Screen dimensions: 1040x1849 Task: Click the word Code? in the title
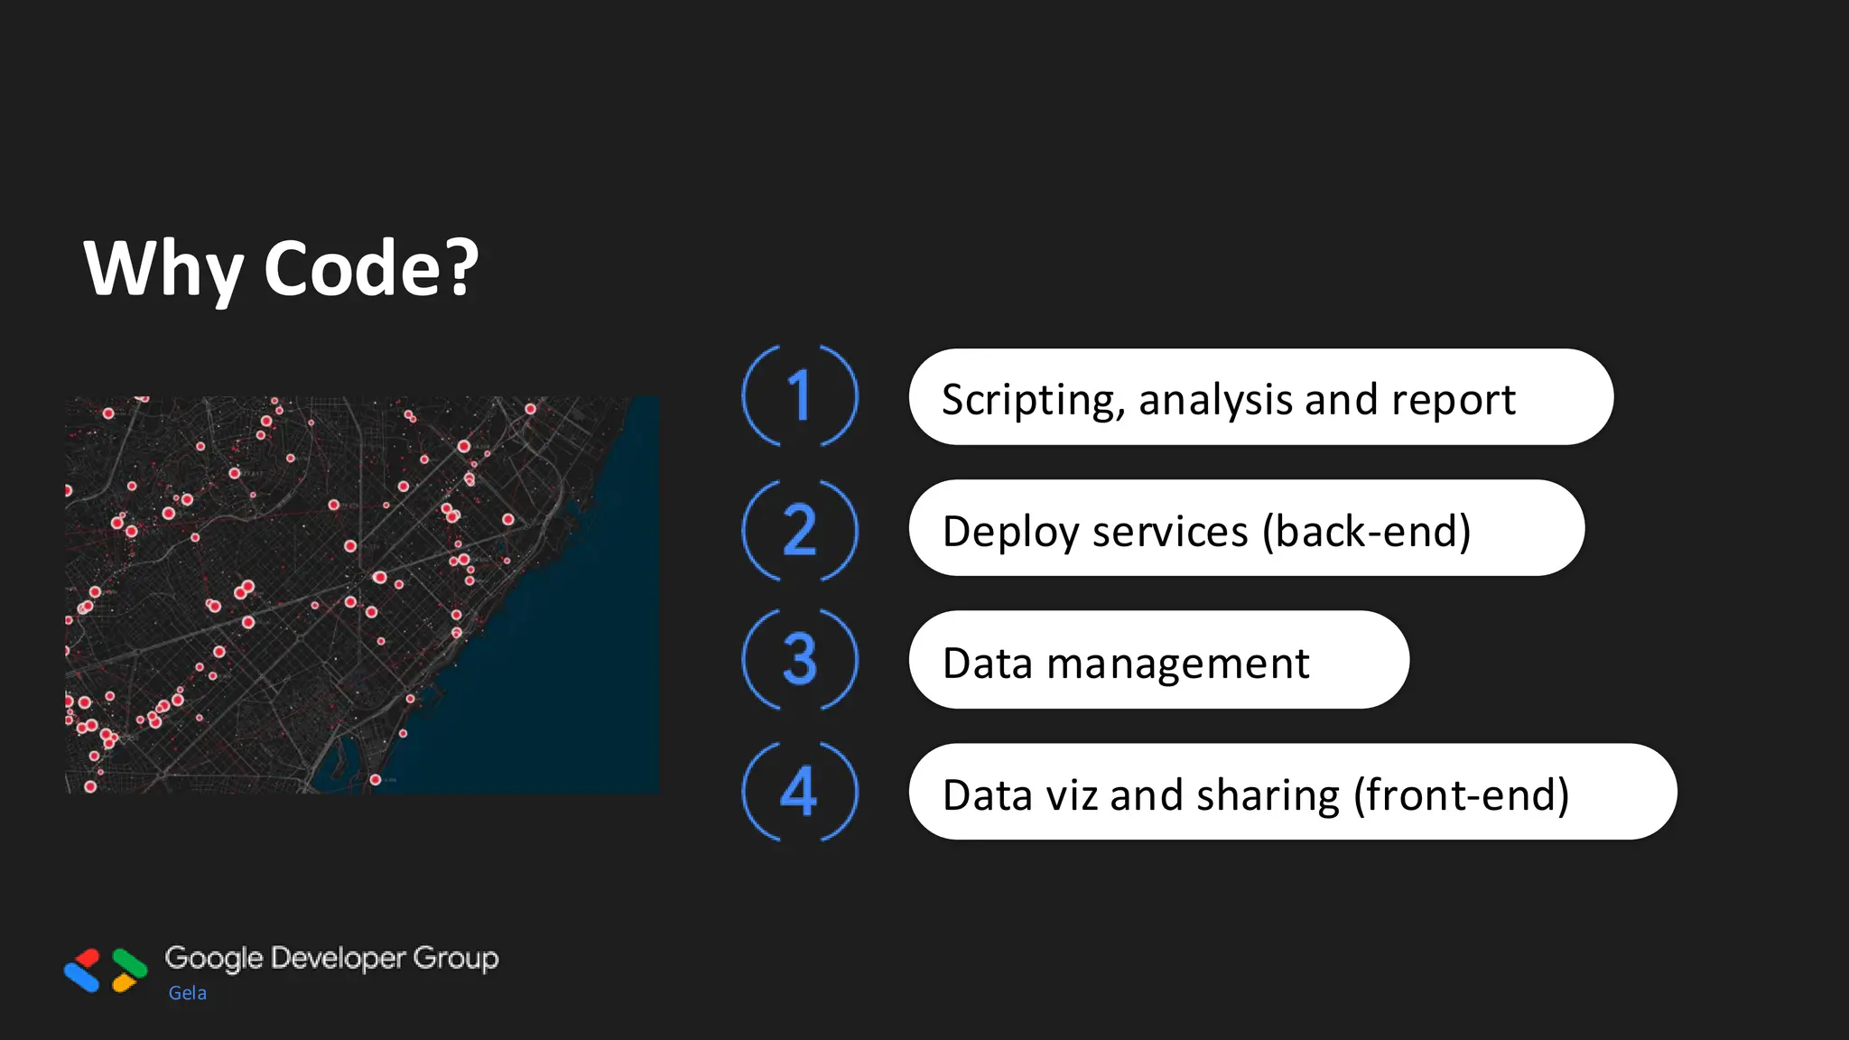[371, 269]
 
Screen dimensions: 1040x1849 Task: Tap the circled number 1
[800, 395]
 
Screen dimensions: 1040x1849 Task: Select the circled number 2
[800, 529]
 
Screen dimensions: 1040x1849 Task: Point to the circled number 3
[800, 660]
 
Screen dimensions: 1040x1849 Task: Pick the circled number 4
[800, 792]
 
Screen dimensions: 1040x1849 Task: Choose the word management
[1177, 664]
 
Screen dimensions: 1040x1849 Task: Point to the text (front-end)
[1462, 795]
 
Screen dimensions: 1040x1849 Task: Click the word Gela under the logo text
[188, 993]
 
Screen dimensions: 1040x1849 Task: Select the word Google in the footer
[214, 959]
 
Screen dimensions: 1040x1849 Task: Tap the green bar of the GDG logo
[130, 962]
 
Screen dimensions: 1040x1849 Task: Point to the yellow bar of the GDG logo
[123, 982]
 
